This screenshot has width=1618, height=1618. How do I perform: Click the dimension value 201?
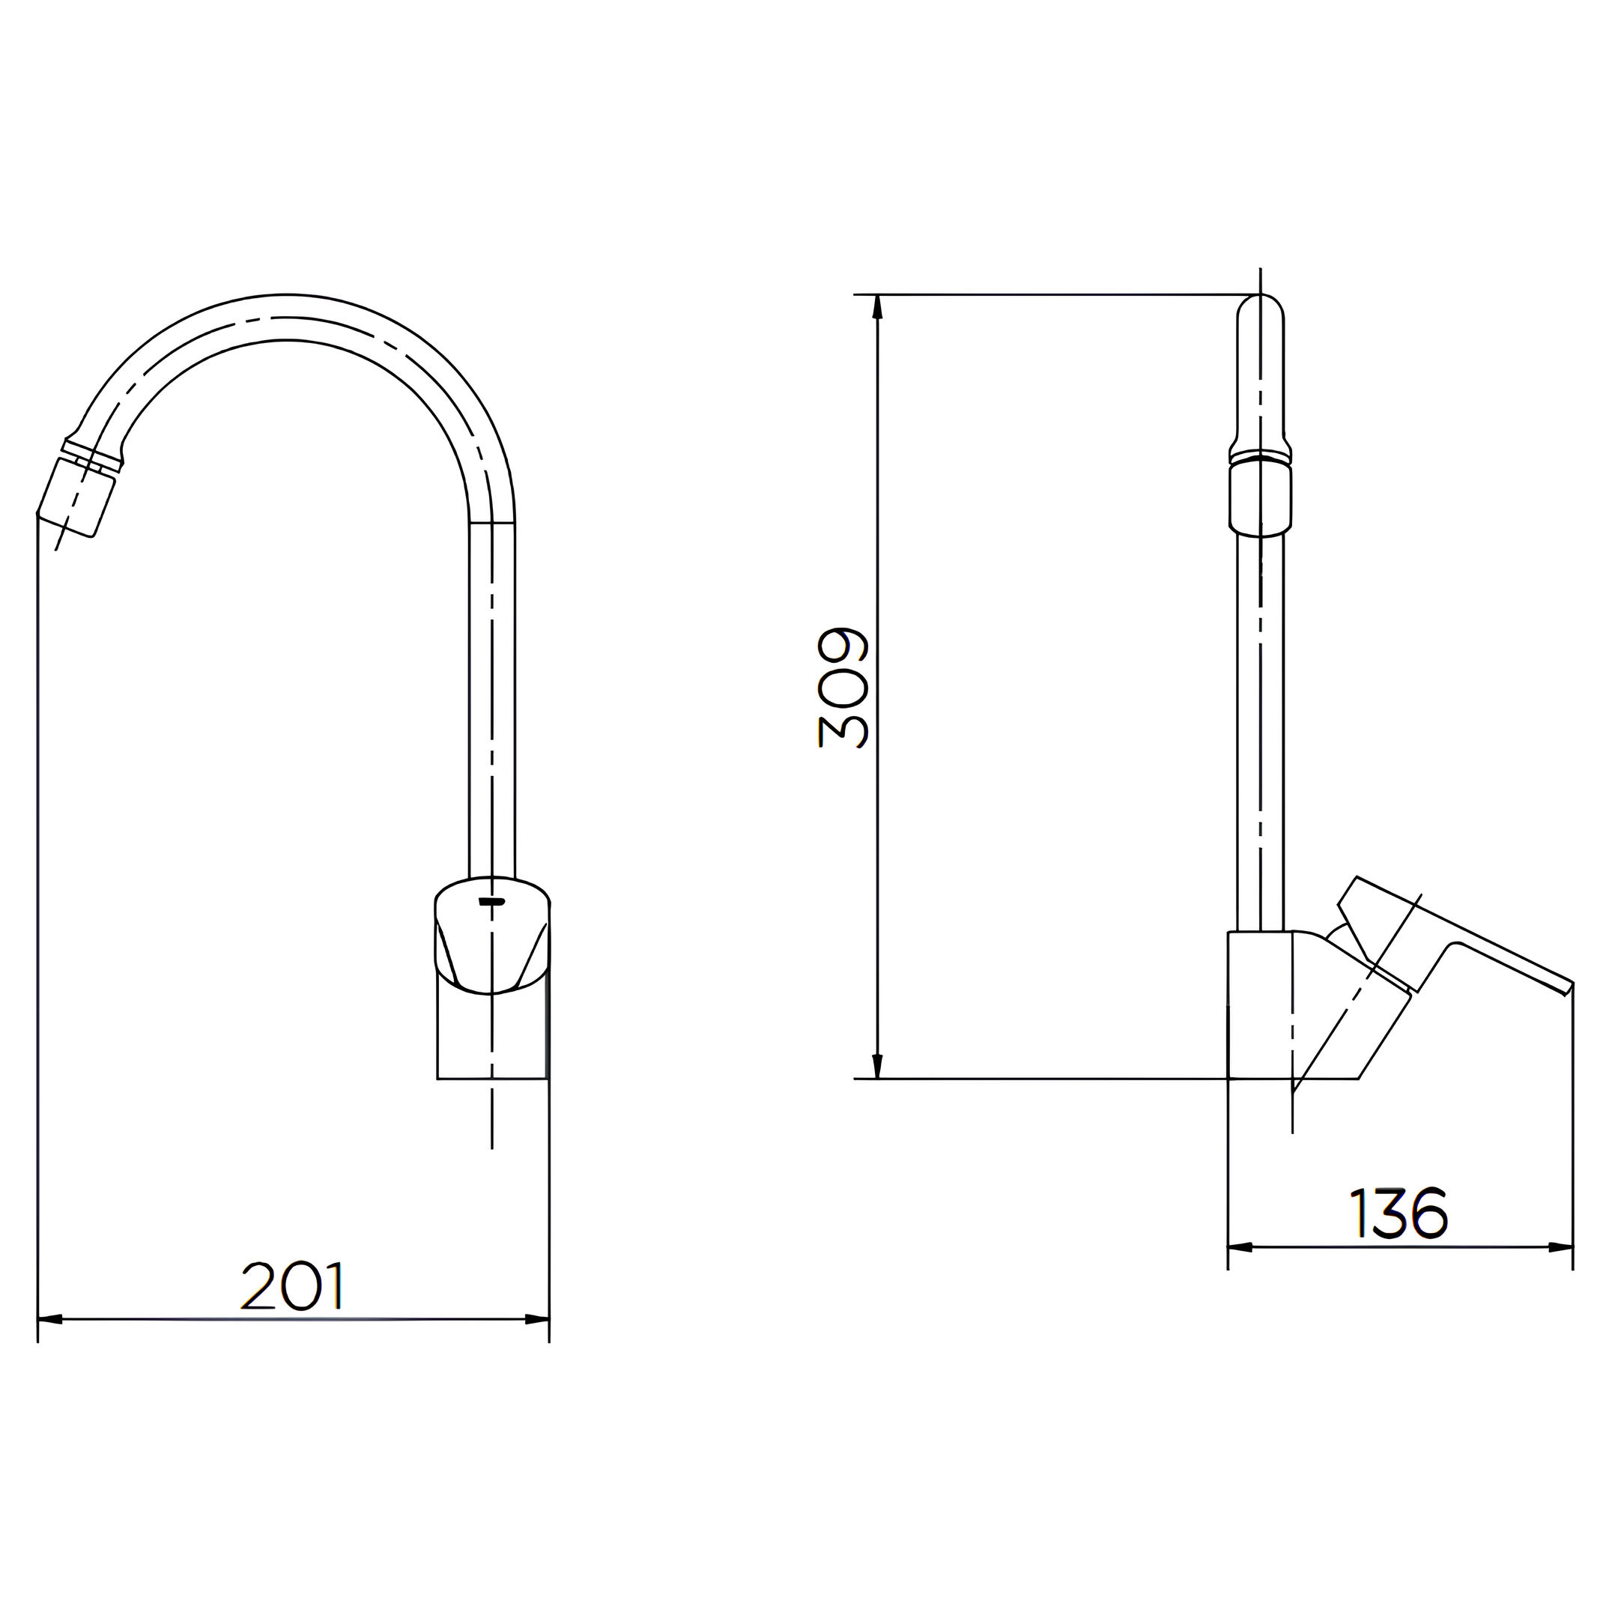coord(292,1286)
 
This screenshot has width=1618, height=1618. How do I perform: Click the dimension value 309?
coord(843,688)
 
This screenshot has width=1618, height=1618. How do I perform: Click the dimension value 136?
coord(1399,1213)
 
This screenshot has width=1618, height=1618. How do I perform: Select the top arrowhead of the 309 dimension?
coord(877,306)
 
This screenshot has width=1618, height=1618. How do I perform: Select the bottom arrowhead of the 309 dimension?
coord(877,1066)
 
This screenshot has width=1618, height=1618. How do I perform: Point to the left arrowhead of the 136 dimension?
coord(1240,1270)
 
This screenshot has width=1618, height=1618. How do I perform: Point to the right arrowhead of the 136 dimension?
coord(1560,1270)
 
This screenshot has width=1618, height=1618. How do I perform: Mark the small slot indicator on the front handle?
coord(491,902)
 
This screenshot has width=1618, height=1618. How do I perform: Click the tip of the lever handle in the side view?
coord(1567,988)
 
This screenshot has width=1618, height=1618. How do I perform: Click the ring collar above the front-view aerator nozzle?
coord(92,454)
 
